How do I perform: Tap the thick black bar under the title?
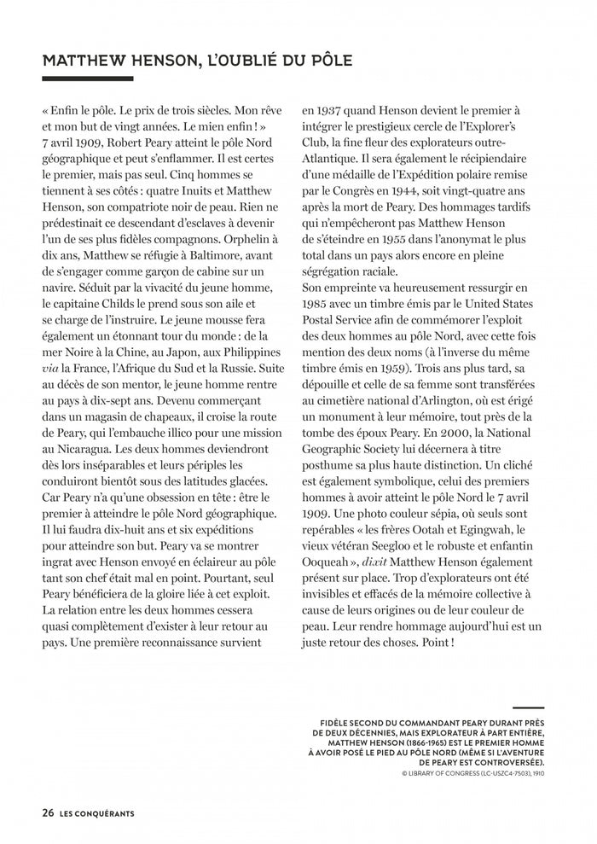point(88,79)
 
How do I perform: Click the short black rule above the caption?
point(529,708)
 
